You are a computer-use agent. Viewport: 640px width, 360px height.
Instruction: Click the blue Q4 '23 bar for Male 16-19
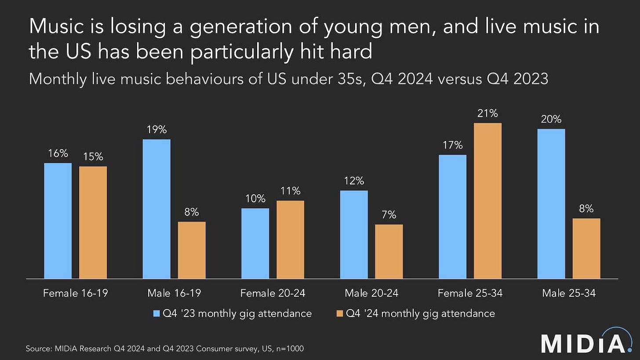point(156,209)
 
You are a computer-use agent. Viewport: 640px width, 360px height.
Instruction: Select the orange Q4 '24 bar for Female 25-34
point(487,200)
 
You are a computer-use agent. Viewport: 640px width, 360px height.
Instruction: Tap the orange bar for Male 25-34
point(586,248)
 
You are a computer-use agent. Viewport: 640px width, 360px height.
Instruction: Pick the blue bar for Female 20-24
point(255,243)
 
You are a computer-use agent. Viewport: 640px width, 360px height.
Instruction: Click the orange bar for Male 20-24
point(389,251)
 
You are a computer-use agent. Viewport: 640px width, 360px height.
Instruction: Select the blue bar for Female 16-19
point(58,221)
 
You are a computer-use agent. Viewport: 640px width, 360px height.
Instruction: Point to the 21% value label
point(487,113)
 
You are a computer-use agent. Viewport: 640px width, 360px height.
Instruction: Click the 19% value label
point(156,130)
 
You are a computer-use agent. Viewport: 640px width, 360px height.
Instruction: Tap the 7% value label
point(389,215)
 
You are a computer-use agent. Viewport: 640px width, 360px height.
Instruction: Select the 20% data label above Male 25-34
point(551,120)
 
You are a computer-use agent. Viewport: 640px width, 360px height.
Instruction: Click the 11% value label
point(291,191)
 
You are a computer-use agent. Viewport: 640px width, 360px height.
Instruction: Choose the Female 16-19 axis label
point(76,293)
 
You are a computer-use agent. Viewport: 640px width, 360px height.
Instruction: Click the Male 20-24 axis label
point(371,293)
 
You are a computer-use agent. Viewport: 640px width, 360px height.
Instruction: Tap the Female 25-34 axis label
point(470,293)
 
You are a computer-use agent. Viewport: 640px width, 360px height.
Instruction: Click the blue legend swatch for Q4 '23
point(156,313)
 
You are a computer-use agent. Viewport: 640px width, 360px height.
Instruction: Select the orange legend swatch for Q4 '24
point(339,313)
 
